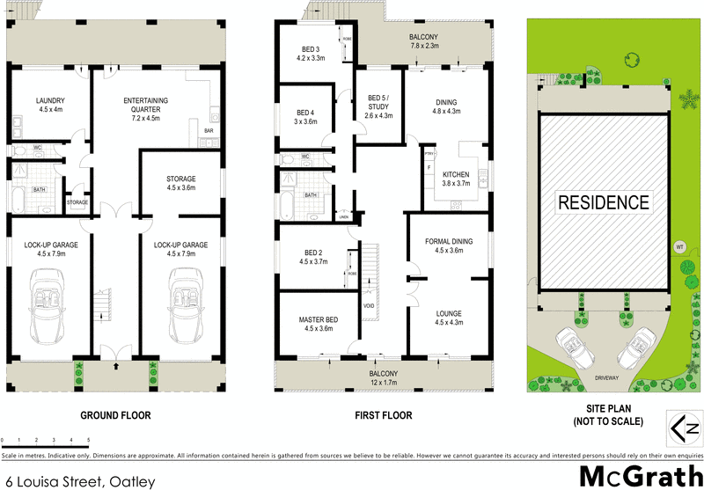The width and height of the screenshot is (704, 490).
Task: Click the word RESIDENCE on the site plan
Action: point(605,201)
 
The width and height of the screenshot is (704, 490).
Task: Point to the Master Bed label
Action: point(319,324)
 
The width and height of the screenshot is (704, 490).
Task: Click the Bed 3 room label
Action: point(311,53)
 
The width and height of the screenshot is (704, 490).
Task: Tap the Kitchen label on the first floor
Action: point(455,179)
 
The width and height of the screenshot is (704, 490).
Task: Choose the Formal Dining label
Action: point(448,245)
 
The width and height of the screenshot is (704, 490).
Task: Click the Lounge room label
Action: point(448,317)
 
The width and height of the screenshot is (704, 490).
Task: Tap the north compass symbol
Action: point(685,430)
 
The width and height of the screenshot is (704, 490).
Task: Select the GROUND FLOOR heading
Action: point(115,415)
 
